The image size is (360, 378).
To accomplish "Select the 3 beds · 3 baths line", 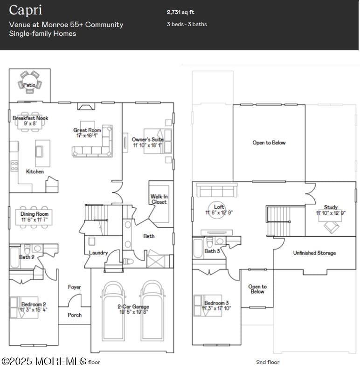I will click(187, 24).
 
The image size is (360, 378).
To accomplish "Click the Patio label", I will click(29, 85).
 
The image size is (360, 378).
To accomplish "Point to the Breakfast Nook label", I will click(30, 118).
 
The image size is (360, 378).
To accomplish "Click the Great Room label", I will click(87, 131).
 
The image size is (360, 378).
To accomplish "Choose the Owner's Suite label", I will click(147, 139).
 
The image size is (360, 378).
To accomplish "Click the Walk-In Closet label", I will click(159, 199).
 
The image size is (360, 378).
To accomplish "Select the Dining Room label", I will click(34, 214).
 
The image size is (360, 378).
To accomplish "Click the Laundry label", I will click(98, 253).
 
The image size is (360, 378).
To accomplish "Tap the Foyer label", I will click(75, 287).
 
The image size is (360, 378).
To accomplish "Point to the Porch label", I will click(75, 315).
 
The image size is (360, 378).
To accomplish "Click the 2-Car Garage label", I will click(133, 307).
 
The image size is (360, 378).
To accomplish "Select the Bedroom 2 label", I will click(33, 304).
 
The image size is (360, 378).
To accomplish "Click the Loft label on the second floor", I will click(219, 207).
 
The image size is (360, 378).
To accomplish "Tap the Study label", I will click(331, 207).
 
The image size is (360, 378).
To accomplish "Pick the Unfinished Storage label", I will click(314, 253).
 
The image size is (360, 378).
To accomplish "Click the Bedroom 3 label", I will click(216, 303).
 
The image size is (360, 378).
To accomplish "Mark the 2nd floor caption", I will click(268, 362).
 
